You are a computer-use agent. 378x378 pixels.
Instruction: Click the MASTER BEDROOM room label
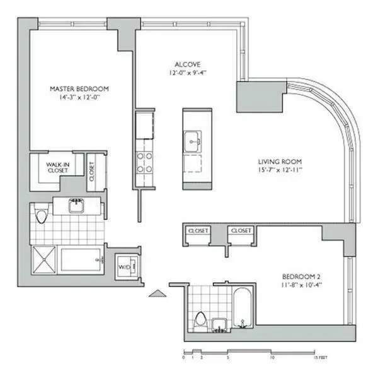[x=79, y=89]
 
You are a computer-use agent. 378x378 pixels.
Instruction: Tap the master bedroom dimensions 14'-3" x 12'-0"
[x=79, y=98]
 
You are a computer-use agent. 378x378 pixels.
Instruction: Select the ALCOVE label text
[x=187, y=64]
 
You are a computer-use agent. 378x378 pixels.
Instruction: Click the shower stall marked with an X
[x=45, y=259]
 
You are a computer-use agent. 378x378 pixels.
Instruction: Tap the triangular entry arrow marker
[x=156, y=292]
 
